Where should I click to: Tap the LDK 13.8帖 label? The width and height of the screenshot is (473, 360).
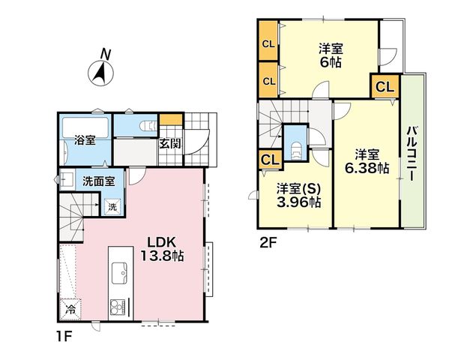click(162, 249)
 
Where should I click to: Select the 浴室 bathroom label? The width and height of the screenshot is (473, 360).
click(85, 140)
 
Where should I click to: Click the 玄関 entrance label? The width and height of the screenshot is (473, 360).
click(170, 144)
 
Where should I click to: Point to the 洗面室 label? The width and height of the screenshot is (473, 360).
click(99, 181)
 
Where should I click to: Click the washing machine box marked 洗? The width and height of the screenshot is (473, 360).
click(112, 207)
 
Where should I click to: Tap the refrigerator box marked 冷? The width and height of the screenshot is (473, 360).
click(70, 309)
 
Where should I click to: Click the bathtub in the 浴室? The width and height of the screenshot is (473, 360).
click(85, 127)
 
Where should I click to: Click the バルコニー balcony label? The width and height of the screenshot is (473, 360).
click(412, 154)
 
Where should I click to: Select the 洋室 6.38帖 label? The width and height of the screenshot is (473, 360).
click(367, 162)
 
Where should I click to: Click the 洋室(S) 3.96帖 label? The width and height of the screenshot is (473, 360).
click(298, 195)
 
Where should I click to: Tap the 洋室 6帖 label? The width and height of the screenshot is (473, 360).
click(331, 55)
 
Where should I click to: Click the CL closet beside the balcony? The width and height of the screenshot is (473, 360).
click(385, 87)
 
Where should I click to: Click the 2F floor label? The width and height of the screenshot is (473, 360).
click(268, 243)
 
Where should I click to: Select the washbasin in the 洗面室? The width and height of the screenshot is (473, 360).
click(67, 179)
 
